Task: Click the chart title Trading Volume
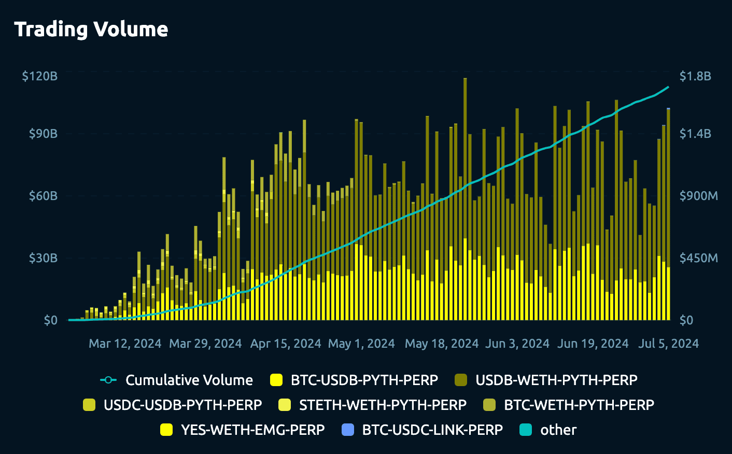[91, 29]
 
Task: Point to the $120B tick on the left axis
[39, 76]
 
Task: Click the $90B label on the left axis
[43, 134]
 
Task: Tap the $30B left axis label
[43, 258]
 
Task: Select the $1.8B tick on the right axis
[695, 76]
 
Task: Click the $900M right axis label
[698, 196]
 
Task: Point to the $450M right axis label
[698, 258]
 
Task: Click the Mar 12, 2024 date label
[125, 344]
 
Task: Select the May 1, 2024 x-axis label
[361, 344]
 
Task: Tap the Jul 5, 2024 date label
[668, 344]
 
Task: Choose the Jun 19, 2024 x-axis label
[593, 344]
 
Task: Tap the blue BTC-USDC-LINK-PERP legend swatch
[348, 430]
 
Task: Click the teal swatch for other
[526, 430]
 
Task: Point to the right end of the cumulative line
[668, 87]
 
